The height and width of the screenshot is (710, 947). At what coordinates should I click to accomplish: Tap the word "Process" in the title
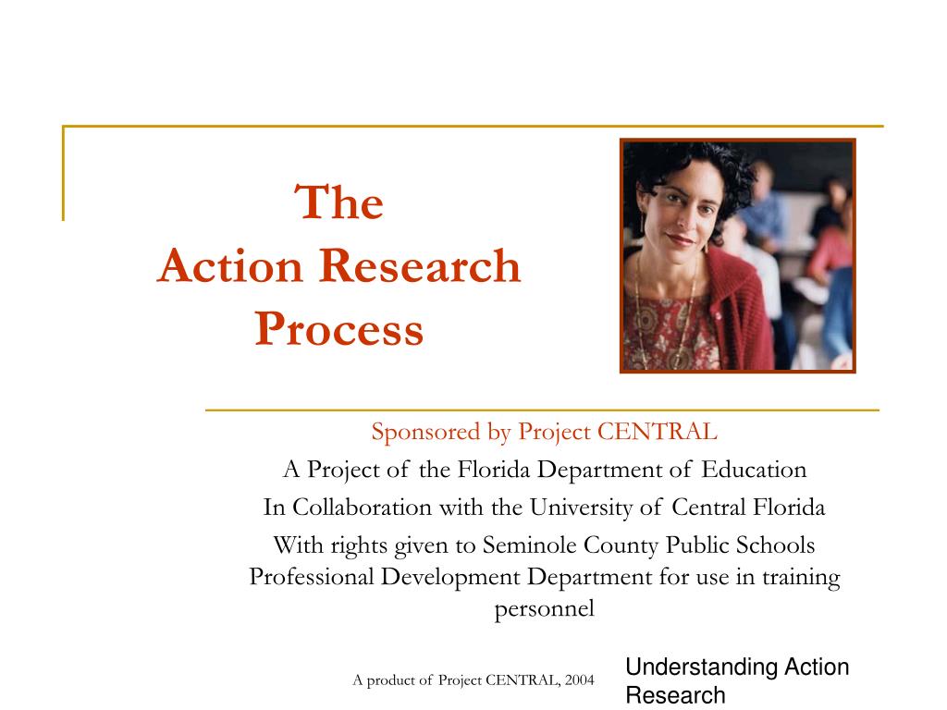pyautogui.click(x=339, y=329)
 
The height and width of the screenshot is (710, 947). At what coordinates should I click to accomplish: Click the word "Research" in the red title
pyautogui.click(x=421, y=266)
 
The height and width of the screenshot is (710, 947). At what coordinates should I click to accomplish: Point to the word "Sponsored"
pyautogui.click(x=415, y=432)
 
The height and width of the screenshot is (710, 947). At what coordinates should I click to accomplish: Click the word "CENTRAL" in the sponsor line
pyautogui.click(x=658, y=432)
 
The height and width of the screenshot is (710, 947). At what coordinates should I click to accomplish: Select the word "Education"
pyautogui.click(x=754, y=470)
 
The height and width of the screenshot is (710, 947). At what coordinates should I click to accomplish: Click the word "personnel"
pyautogui.click(x=544, y=609)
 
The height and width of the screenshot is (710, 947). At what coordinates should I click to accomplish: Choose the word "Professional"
pyautogui.click(x=311, y=578)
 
